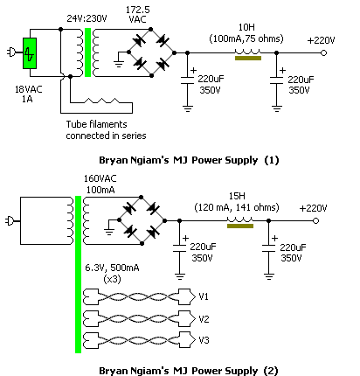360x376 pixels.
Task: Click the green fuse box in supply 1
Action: point(30,53)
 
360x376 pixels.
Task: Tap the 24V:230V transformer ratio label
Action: point(87,18)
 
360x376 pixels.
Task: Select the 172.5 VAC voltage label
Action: point(138,14)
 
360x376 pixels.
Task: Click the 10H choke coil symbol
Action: point(248,52)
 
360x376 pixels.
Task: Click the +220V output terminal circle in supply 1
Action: point(323,52)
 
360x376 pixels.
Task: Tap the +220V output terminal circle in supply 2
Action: point(315,221)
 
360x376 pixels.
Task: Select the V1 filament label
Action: point(204,296)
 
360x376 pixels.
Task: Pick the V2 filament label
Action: point(204,319)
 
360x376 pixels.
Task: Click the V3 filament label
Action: point(204,340)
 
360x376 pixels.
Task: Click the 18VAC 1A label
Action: point(28,94)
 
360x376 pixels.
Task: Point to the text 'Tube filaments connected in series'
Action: point(106,130)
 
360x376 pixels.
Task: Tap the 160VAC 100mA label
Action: point(100,185)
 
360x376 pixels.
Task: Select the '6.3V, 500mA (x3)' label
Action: point(112,273)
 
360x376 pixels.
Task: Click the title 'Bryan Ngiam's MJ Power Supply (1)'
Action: point(189,160)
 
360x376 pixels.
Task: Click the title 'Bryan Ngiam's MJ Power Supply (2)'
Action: point(189,371)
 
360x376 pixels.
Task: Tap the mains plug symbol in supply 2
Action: point(9,221)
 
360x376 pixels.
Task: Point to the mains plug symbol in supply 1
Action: point(10,52)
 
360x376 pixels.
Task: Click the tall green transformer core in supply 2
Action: point(78,275)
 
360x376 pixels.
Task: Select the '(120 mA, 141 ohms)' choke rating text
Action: point(237,207)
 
